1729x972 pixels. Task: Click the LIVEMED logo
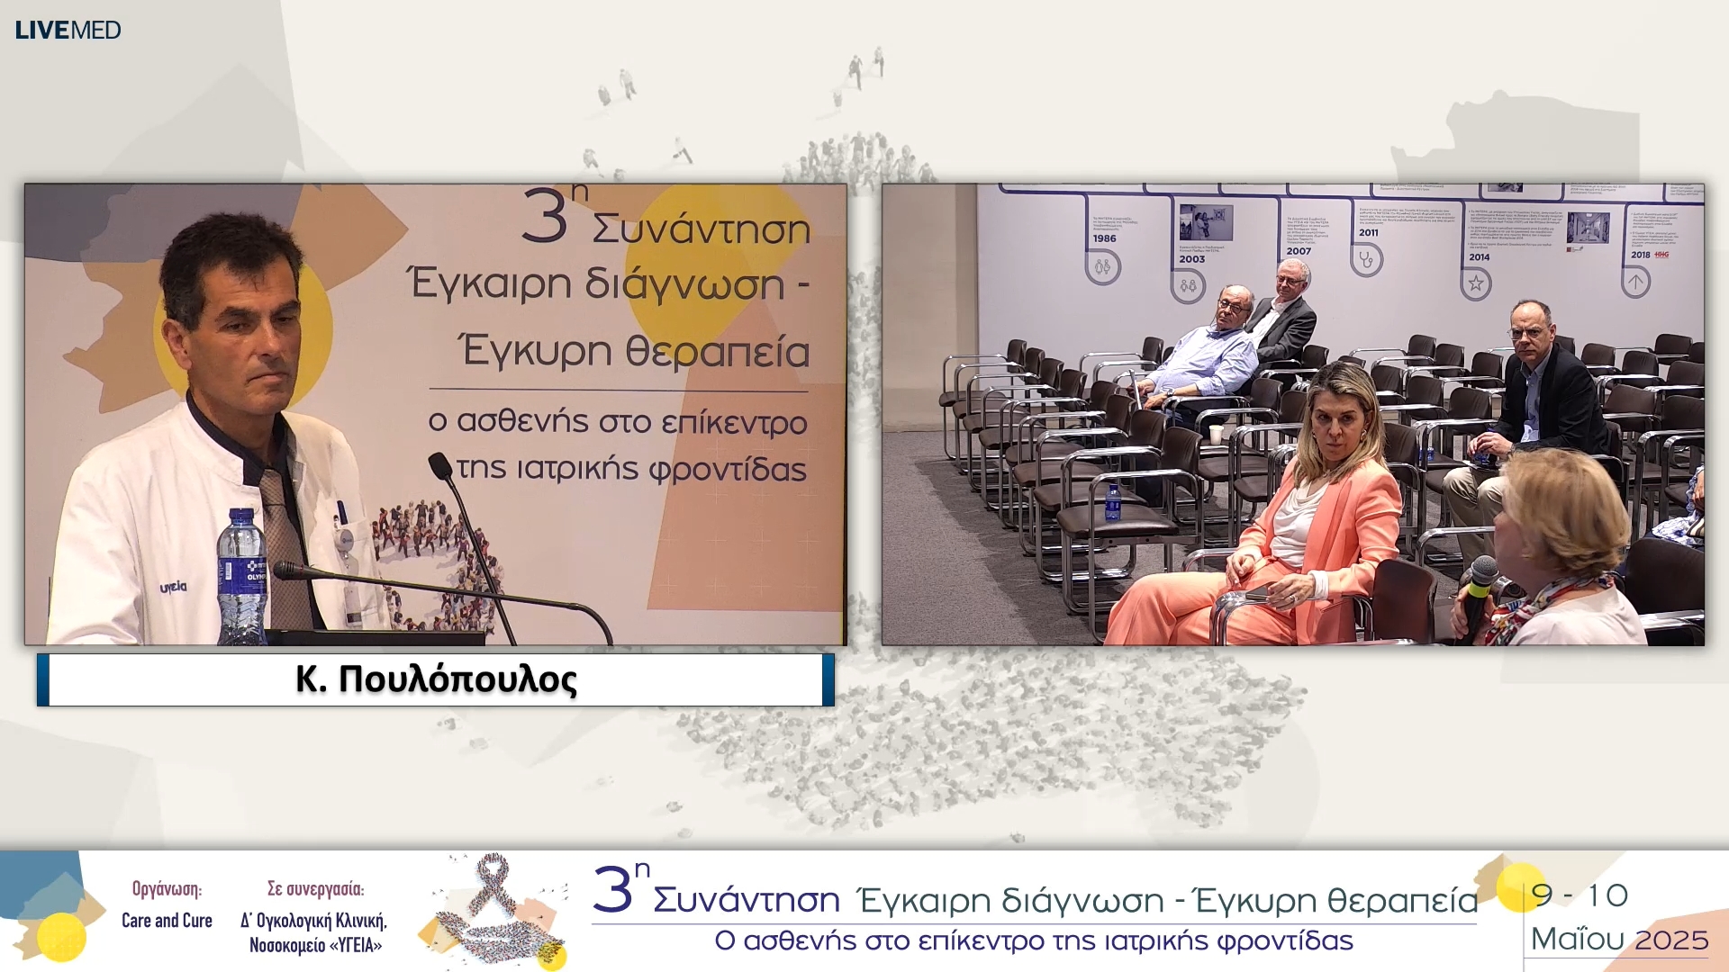coord(68,30)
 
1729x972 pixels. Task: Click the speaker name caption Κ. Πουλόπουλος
coord(436,679)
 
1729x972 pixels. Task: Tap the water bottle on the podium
coord(241,576)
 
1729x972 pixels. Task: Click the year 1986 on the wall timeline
coord(1104,238)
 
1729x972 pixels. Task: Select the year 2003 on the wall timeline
coord(1191,259)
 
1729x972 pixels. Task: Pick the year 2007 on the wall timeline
coord(1299,251)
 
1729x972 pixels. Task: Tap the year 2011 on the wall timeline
coord(1368,232)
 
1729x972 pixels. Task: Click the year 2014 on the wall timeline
coord(1479,257)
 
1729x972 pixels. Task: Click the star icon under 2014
coord(1476,284)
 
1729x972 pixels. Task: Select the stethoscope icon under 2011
coord(1367,260)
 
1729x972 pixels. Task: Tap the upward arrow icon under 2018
coord(1635,283)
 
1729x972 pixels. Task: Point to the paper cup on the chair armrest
coord(1217,435)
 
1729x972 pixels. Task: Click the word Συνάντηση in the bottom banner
coord(746,900)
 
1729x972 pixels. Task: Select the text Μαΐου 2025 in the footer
coord(1619,940)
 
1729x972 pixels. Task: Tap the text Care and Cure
coord(167,921)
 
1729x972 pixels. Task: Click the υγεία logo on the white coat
coord(174,587)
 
